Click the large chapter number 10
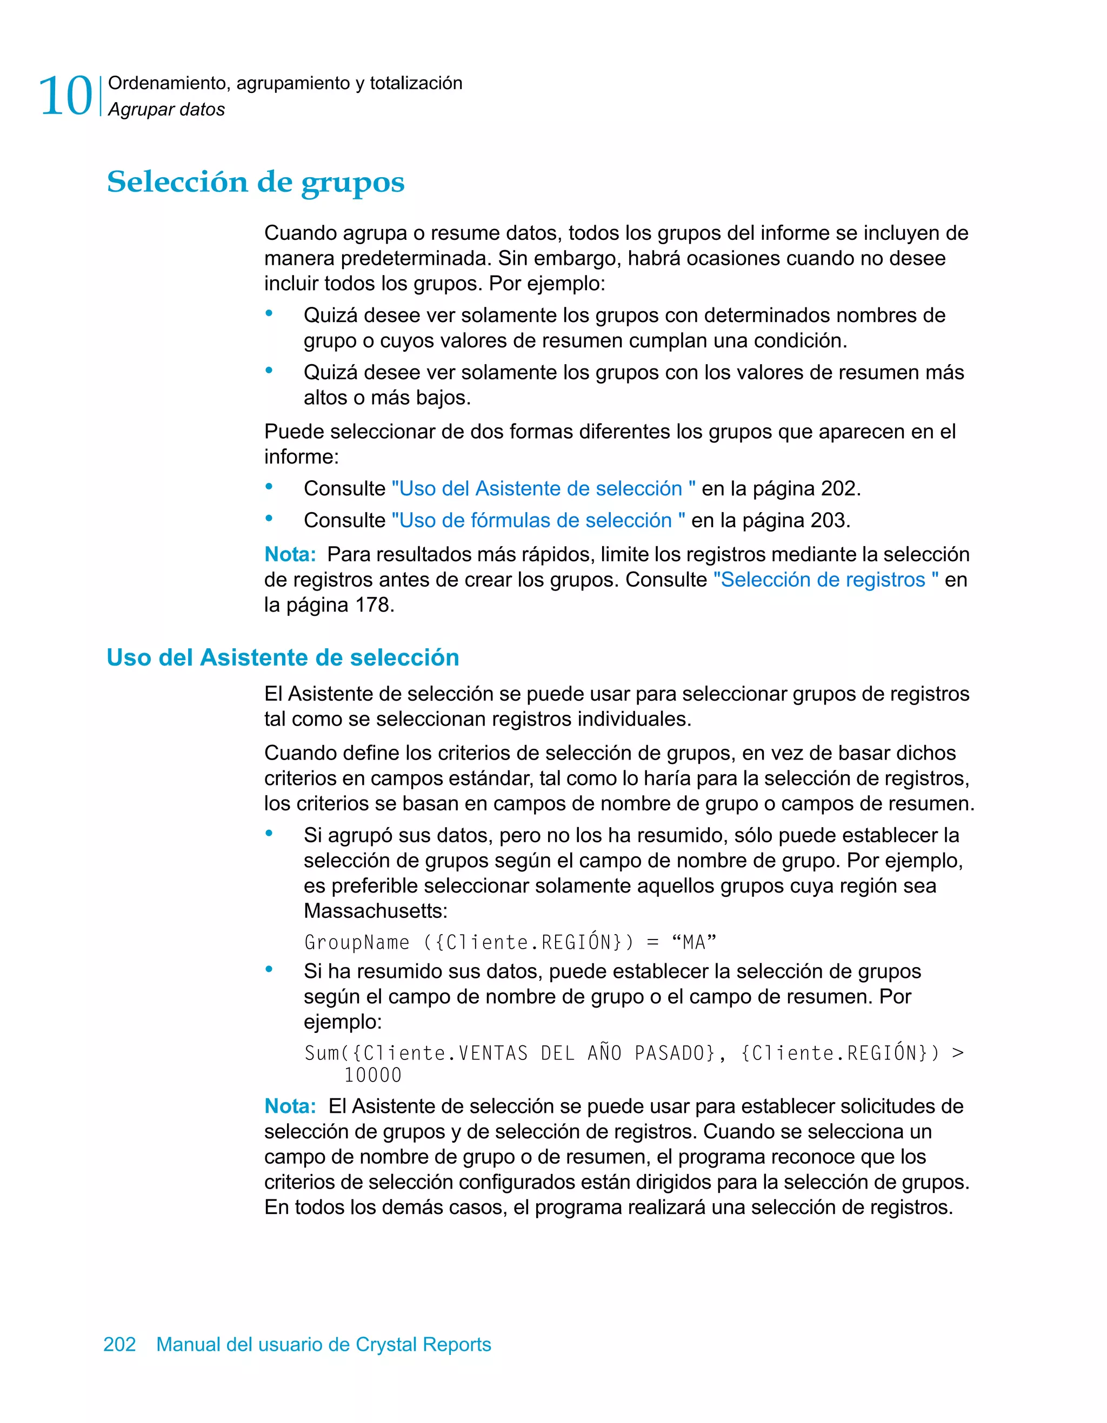(x=66, y=96)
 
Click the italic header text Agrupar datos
(x=166, y=110)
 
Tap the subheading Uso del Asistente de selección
(x=283, y=657)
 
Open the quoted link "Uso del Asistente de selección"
(x=543, y=489)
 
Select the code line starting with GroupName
(x=510, y=942)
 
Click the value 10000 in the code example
(x=373, y=1076)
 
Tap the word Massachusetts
(x=376, y=911)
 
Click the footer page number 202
(x=120, y=1344)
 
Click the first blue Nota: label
(x=290, y=554)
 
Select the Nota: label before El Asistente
(x=290, y=1106)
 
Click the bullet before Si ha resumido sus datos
(x=269, y=970)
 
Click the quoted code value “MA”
(x=693, y=942)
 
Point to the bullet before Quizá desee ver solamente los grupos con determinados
(x=269, y=313)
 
